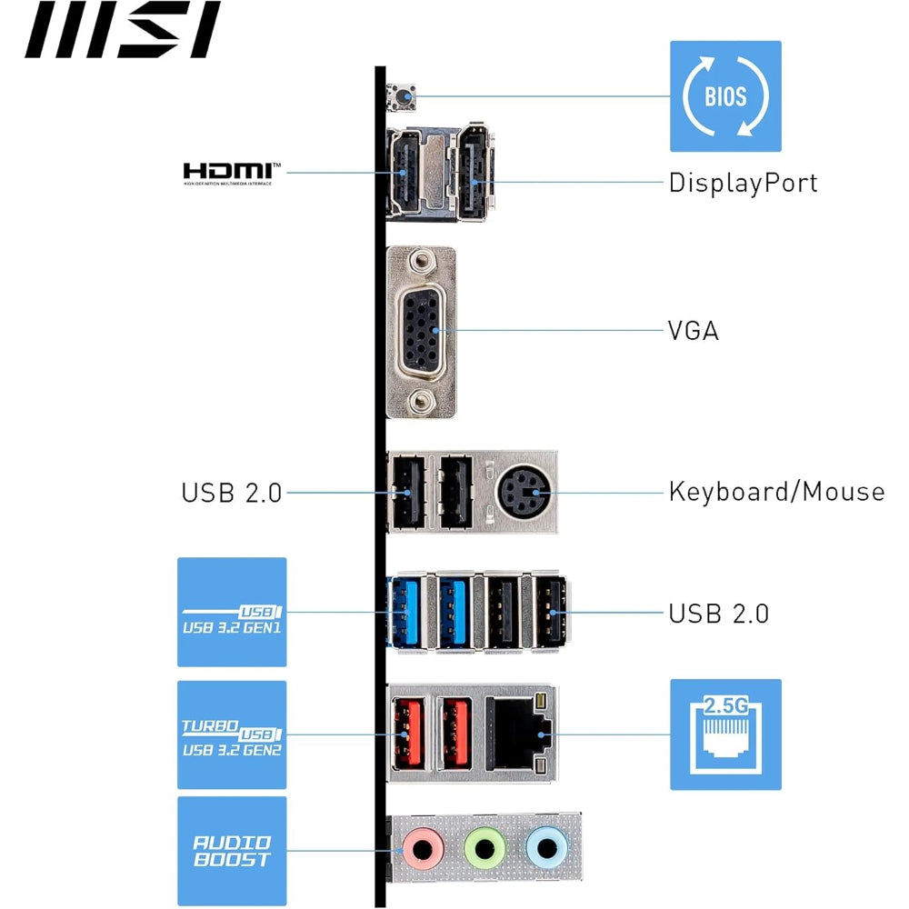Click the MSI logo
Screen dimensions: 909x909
click(x=123, y=29)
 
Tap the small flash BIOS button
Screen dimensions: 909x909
click(x=401, y=95)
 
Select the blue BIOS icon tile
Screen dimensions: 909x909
click(x=725, y=95)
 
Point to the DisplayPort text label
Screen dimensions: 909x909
click(x=743, y=183)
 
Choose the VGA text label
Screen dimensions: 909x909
click(x=693, y=330)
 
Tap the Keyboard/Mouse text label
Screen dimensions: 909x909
click(x=776, y=492)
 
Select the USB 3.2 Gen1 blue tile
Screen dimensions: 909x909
click(x=232, y=612)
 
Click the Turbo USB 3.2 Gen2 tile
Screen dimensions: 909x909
click(x=232, y=734)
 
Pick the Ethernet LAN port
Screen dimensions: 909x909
click(x=516, y=733)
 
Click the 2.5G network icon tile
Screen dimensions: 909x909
click(x=725, y=734)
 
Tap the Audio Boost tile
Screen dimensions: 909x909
click(x=232, y=851)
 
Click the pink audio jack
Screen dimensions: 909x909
click(x=423, y=849)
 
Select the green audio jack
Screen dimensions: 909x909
click(x=484, y=849)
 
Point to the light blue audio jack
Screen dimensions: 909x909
click(x=545, y=849)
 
